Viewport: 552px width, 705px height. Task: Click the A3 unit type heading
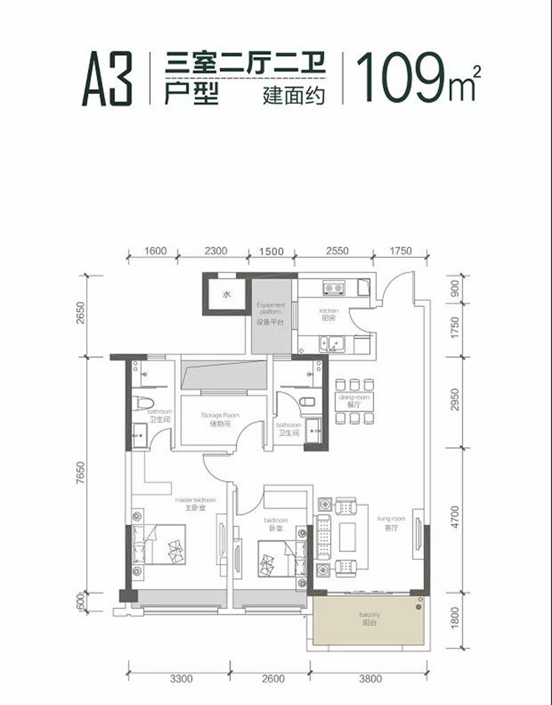coord(107,80)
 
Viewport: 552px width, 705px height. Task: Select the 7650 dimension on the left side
coord(82,475)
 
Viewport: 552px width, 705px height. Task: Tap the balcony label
coord(368,618)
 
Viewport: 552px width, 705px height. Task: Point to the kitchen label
coord(328,314)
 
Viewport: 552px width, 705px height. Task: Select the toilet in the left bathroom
coord(144,403)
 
